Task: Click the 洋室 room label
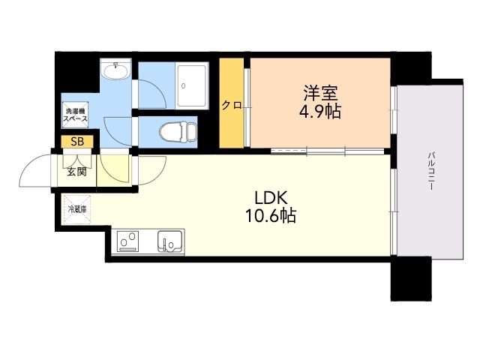[x=320, y=93]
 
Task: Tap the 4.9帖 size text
[x=320, y=112]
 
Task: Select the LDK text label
[x=271, y=198]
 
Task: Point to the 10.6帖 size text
[x=271, y=216]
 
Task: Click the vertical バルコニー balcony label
[x=431, y=171]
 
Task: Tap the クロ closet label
[x=231, y=106]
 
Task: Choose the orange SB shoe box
[x=77, y=142]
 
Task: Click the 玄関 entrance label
[x=76, y=172]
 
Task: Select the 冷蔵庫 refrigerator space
[x=77, y=210]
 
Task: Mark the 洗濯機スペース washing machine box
[x=75, y=115]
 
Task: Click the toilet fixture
[x=178, y=132]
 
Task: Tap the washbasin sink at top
[x=116, y=70]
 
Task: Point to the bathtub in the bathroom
[x=192, y=85]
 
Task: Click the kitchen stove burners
[x=127, y=241]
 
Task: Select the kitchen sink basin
[x=170, y=241]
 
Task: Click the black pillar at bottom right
[x=411, y=278]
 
